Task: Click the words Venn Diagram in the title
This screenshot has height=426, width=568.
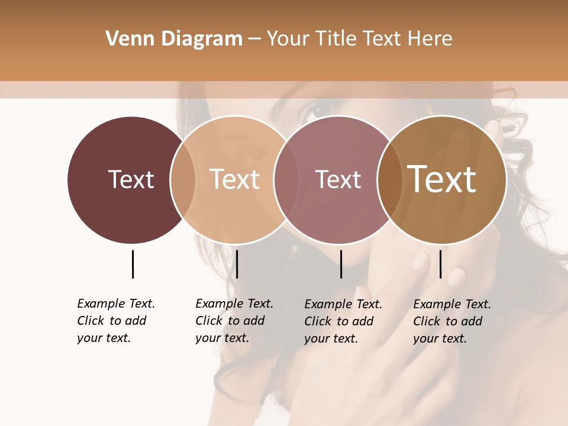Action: coord(174,39)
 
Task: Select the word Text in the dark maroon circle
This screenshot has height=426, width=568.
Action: coord(131,179)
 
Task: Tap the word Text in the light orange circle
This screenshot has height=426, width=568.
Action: coord(235,179)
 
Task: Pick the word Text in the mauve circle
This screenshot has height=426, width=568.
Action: coord(338,179)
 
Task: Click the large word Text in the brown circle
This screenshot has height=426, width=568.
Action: coord(442,179)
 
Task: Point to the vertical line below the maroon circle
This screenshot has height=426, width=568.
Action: coord(133,264)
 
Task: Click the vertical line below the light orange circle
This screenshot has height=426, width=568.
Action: coord(237,264)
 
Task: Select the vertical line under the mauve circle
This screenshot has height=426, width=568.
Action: coord(341,264)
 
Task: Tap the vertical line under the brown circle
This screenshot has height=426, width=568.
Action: coord(440,264)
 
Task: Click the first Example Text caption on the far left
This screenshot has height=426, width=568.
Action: coord(116,321)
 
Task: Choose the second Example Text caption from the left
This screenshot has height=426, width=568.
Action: coord(234,321)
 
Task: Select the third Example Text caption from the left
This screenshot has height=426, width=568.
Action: coord(343,321)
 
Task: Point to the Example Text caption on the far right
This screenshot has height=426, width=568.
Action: coord(452,321)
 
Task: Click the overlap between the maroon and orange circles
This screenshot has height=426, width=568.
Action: coord(183,179)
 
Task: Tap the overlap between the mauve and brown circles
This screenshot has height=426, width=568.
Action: coord(390,179)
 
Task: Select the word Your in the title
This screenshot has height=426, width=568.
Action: coord(289,39)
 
